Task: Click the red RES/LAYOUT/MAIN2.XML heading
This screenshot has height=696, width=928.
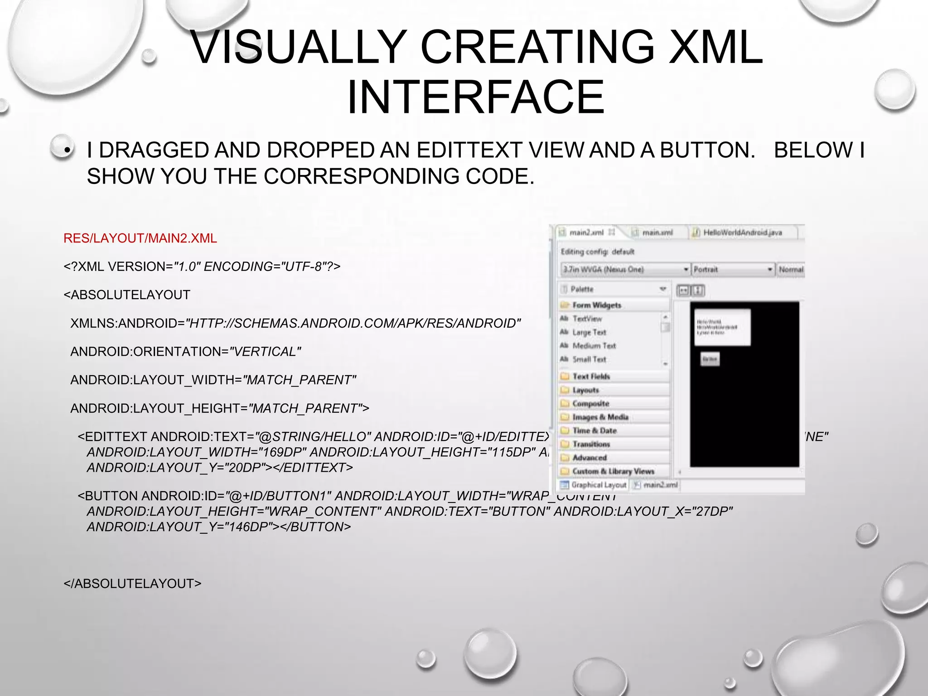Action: point(140,238)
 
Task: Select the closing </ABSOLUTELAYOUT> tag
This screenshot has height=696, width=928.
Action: point(132,584)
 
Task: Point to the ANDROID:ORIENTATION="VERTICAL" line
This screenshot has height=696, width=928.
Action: point(185,352)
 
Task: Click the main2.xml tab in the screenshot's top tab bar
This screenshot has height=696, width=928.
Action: point(586,232)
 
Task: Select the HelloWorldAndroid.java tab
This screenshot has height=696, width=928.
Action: point(742,232)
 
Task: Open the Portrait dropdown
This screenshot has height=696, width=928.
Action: point(732,269)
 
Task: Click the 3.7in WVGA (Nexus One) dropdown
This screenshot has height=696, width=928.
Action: point(625,269)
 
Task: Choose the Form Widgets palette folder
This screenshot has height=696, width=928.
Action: point(596,305)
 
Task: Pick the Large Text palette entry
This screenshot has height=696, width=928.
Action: point(589,332)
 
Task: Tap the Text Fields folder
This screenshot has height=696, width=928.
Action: point(591,376)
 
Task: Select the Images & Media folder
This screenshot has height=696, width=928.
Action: point(600,417)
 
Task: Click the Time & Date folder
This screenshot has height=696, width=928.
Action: point(594,430)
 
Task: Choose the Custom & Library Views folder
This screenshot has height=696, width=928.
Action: point(613,471)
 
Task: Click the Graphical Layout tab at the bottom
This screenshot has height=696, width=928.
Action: point(598,485)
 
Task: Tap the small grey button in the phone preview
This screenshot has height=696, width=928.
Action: point(710,359)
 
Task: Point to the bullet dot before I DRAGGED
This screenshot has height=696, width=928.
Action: point(67,150)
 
